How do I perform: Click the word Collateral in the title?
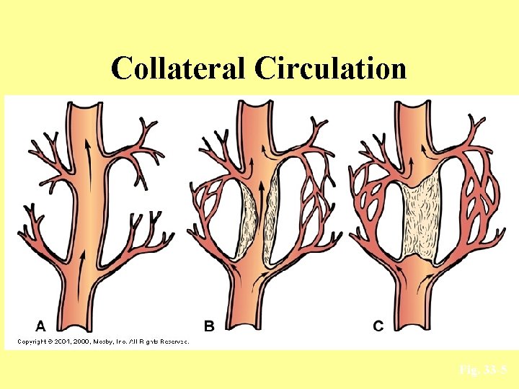177,68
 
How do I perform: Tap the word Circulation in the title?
329,68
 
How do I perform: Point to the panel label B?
209,326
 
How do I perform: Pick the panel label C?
378,326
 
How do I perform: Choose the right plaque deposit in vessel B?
273,216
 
